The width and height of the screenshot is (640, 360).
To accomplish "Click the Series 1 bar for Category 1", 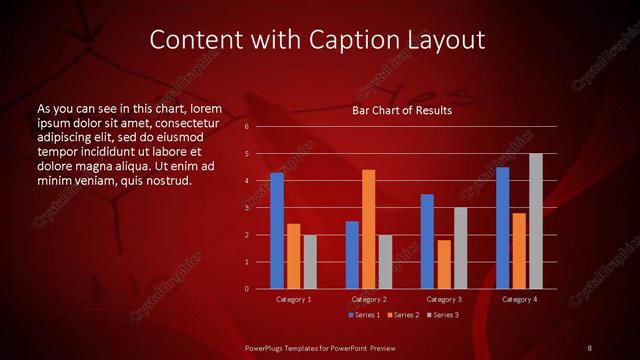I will [277, 231].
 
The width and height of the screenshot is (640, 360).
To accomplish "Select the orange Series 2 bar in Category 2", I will [369, 229].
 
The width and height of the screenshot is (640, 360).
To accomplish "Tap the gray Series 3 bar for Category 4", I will [536, 221].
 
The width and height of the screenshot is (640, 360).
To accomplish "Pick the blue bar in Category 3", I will [427, 241].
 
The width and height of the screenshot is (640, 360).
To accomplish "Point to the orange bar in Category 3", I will [444, 264].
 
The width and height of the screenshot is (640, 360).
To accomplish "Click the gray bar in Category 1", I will [310, 262].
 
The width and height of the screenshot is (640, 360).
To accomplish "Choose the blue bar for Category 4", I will [502, 228].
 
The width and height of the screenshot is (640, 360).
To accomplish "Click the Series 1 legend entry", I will [363, 315].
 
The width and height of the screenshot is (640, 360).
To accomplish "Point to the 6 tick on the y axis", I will [247, 127].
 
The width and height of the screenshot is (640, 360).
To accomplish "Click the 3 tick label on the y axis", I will [247, 208].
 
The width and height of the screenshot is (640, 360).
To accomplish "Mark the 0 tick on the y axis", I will [247, 289].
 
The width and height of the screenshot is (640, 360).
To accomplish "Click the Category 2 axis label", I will [369, 299].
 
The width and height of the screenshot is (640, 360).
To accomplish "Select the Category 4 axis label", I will [519, 299].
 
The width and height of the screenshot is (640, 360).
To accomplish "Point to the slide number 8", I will [590, 347].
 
